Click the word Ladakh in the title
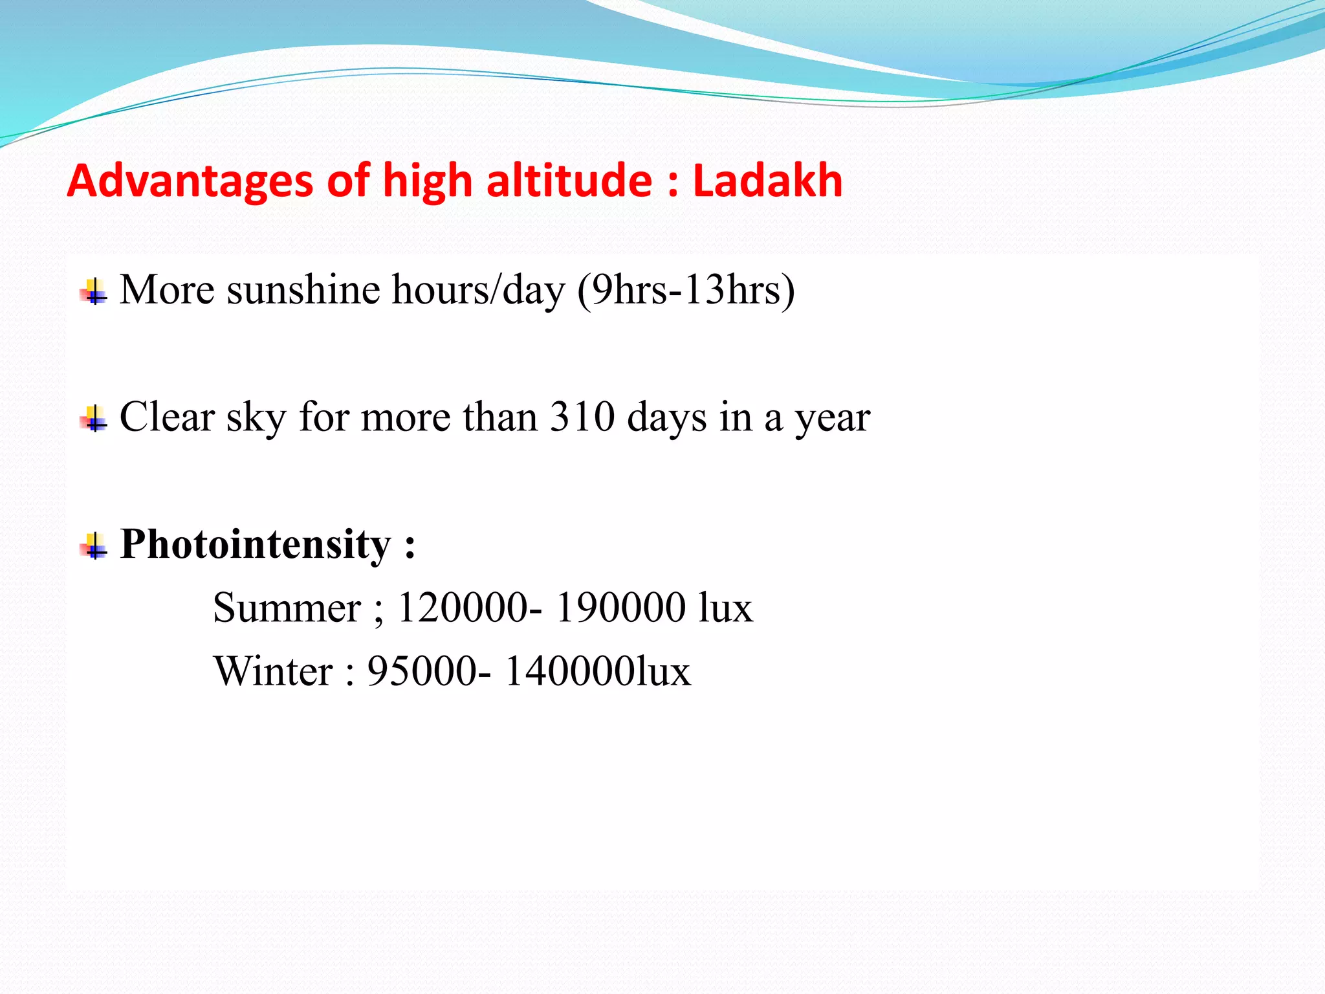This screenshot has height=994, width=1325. pyautogui.click(x=767, y=181)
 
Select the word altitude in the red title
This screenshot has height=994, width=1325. pyautogui.click(x=569, y=181)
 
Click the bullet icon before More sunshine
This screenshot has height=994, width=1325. pyautogui.click(x=94, y=292)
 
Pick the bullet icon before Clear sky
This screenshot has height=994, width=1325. pyautogui.click(x=94, y=419)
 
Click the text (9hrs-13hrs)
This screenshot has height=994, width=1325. pyautogui.click(x=686, y=291)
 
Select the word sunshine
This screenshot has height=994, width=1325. pyautogui.click(x=303, y=289)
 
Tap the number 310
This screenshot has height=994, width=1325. pyautogui.click(x=582, y=417)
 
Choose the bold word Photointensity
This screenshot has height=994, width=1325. pyautogui.click(x=256, y=545)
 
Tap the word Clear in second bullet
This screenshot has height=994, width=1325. pyautogui.click(x=167, y=417)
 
